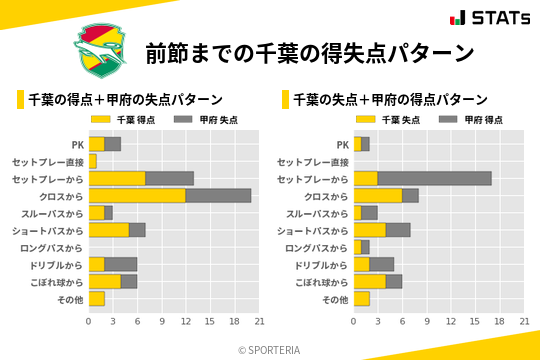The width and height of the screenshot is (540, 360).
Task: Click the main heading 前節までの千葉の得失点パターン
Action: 309,52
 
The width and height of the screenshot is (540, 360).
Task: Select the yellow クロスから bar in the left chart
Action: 137,196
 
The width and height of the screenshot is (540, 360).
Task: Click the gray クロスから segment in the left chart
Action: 218,196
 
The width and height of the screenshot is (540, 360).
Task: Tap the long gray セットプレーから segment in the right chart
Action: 434,178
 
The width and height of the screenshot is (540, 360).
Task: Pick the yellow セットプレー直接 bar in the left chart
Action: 93,161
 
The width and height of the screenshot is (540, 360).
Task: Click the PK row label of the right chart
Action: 342,144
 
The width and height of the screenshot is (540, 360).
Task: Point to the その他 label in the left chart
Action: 70,299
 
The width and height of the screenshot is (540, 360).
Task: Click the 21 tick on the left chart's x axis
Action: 259,322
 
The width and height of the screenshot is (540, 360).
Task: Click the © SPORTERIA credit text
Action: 270,350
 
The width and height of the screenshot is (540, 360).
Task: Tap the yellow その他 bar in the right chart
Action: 361,299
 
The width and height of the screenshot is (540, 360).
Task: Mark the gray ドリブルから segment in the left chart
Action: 121,264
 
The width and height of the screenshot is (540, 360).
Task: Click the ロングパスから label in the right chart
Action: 316,247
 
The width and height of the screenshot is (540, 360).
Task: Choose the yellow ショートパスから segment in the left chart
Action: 109,230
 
